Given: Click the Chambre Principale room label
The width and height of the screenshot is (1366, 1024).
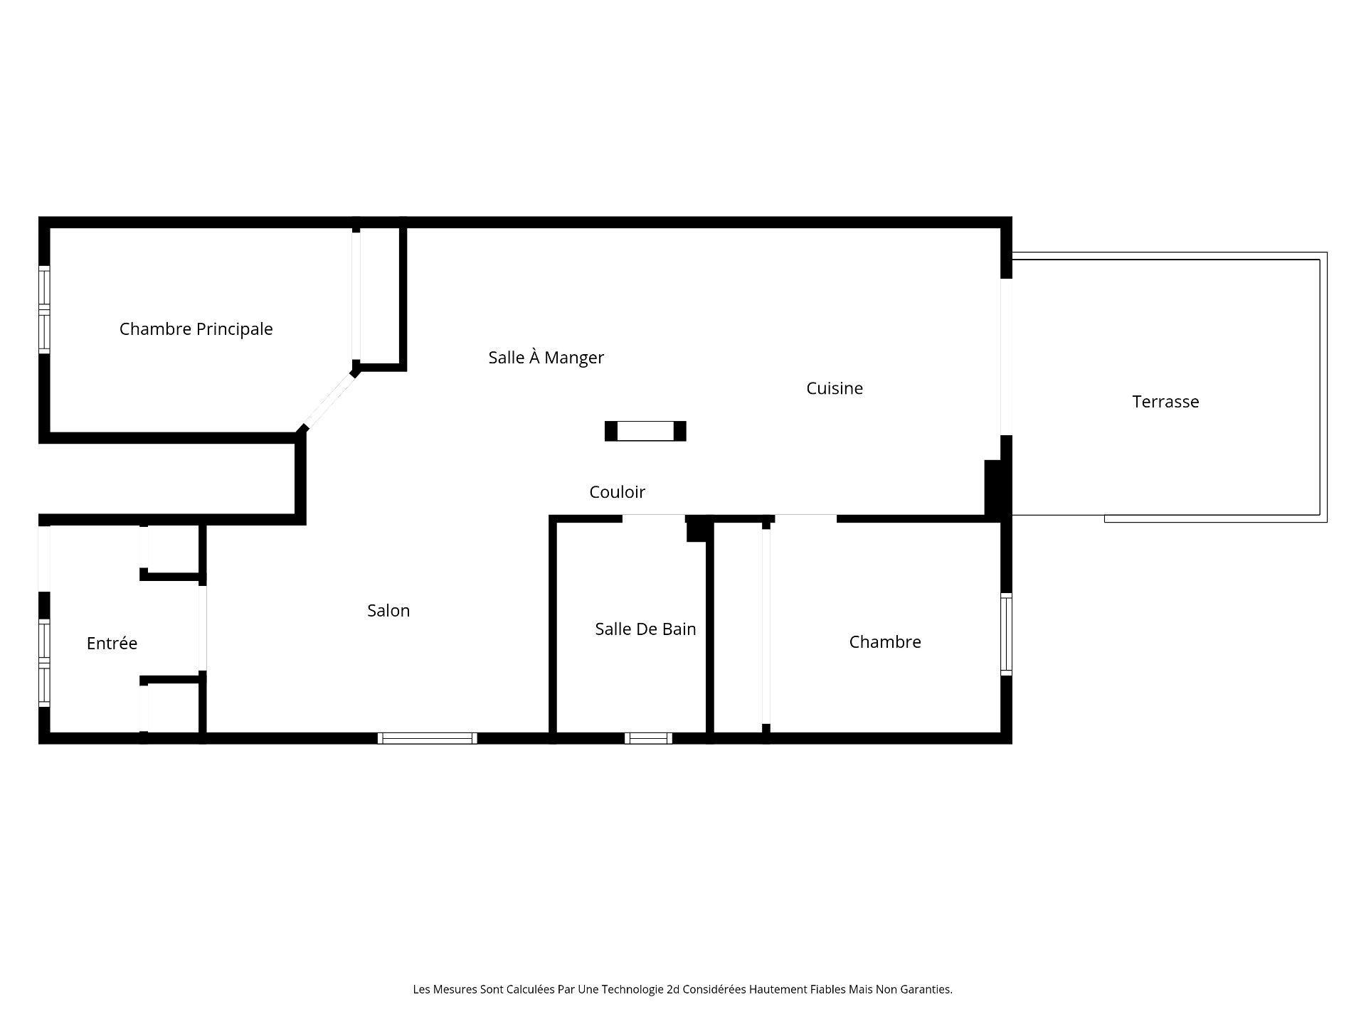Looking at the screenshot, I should pos(196,329).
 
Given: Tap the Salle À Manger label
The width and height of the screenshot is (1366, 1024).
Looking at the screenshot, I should pos(546,358).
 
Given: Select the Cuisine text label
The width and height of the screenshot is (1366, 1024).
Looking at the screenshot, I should pos(834,388).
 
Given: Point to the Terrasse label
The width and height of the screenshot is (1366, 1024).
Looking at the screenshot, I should pos(1165,402).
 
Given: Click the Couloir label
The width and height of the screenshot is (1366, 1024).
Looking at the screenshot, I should pos(617,492).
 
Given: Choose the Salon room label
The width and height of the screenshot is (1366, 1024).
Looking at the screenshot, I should pos(388,611).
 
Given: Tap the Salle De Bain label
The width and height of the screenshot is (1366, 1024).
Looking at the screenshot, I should pos(645,629).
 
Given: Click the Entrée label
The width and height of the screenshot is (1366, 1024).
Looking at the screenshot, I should pos(112,644).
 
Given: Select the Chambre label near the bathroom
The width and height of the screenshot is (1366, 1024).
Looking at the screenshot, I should pos(884,642).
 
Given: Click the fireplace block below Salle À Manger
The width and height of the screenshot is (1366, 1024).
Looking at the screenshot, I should pos(645,432).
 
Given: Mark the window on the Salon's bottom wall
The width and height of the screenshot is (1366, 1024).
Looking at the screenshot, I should pos(427,738).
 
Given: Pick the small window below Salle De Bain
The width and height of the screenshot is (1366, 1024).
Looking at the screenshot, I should pos(648,738).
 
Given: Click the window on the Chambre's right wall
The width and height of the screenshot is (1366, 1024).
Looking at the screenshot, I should pos(1006,635).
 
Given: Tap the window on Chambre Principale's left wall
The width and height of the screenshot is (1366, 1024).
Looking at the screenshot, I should pos(44,309).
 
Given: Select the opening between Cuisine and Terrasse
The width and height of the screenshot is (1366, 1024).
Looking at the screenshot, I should pos(1006,357).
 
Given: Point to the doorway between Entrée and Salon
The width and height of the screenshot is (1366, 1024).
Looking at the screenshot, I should pos(203,628).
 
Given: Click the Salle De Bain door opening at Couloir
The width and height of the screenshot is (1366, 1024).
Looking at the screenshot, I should pos(654,518).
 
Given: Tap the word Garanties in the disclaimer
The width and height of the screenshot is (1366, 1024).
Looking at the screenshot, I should pos(926,989).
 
